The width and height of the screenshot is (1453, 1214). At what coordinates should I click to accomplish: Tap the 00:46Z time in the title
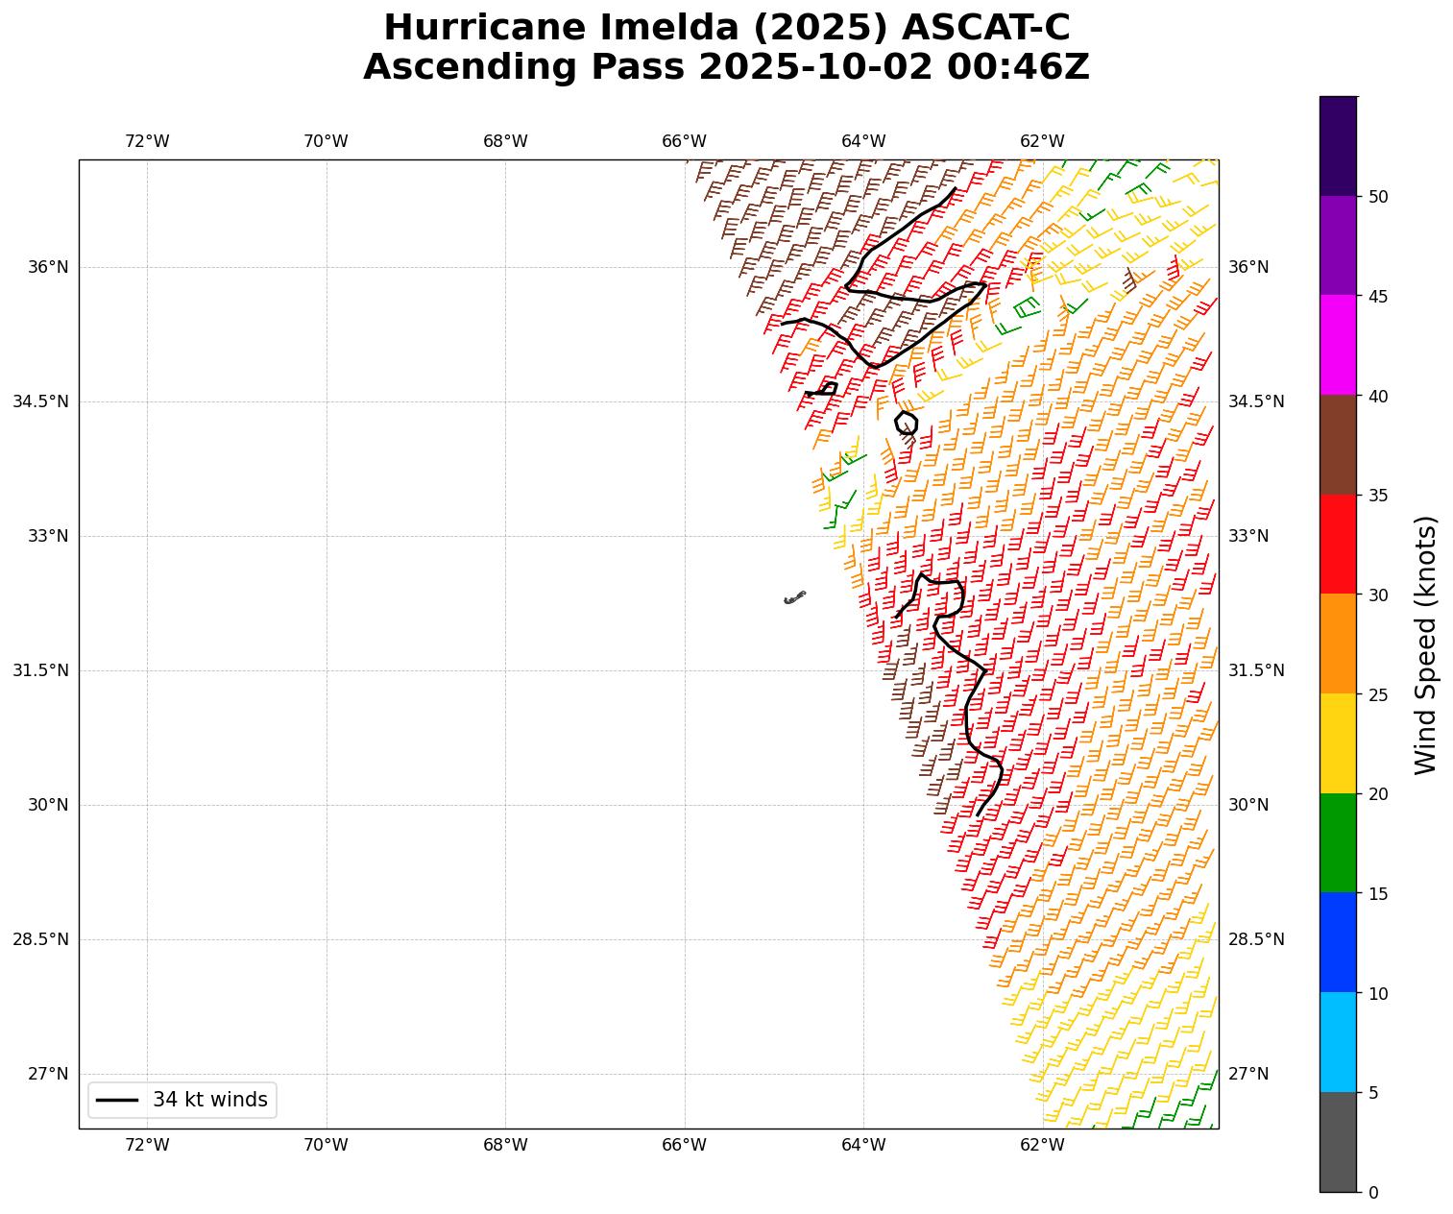(x=1018, y=67)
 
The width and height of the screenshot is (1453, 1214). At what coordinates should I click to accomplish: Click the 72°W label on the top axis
(x=147, y=141)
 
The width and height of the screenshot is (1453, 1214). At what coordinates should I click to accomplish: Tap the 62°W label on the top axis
(x=1042, y=141)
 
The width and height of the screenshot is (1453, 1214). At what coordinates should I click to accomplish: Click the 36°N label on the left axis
(x=48, y=267)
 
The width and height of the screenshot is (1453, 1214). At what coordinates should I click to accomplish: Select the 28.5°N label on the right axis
(x=1256, y=939)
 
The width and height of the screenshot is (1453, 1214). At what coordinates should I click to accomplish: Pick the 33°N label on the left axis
(x=48, y=536)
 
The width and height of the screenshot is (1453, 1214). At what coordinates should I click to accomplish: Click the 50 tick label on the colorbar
(x=1378, y=197)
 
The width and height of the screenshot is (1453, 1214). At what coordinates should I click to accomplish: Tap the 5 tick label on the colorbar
(x=1373, y=1092)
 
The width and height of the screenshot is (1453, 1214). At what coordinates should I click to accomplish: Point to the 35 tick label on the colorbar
(x=1378, y=496)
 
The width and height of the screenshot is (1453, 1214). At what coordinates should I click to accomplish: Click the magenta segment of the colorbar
(x=1338, y=345)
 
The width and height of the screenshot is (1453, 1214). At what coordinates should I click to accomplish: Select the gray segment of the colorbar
(x=1338, y=1142)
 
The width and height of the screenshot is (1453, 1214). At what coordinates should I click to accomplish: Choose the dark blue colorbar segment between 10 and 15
(x=1338, y=942)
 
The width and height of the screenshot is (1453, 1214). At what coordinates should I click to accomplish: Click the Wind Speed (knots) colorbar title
(x=1427, y=644)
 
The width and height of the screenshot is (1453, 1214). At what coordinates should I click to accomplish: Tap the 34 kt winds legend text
(x=210, y=1100)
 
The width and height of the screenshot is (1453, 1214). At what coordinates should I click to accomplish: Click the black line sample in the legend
(x=118, y=1100)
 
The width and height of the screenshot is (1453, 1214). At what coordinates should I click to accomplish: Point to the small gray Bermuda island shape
(x=794, y=597)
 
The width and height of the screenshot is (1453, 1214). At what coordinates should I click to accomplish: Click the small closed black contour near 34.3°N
(x=906, y=423)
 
